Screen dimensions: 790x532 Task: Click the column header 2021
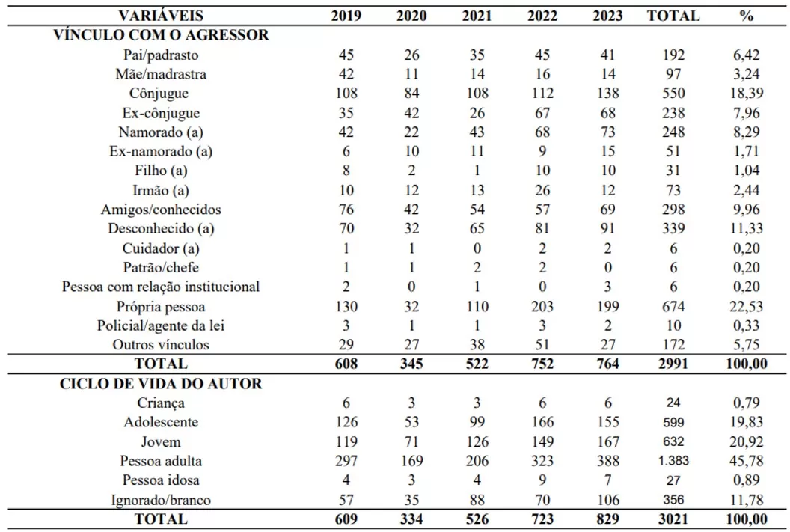point(477,16)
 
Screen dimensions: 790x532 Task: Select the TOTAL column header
point(673,16)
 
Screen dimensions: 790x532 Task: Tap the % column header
point(746,16)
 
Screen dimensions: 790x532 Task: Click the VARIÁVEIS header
point(161,16)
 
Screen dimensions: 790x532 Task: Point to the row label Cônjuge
point(159,94)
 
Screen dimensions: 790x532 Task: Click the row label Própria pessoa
point(161,306)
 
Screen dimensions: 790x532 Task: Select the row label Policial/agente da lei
point(161,325)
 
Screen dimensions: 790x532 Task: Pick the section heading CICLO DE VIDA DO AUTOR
point(161,383)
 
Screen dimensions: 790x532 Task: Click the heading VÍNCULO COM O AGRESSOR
point(161,34)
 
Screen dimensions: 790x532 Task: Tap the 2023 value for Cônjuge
point(607,94)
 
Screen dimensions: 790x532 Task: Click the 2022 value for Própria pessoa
point(542,306)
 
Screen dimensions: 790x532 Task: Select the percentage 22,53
point(746,306)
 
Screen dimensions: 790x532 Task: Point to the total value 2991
point(673,364)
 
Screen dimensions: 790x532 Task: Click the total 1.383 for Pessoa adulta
point(673,460)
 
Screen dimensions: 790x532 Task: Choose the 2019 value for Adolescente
point(346,422)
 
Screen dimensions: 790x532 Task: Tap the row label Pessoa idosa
point(161,480)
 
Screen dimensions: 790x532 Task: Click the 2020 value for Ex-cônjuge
point(411,112)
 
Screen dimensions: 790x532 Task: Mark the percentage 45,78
point(746,460)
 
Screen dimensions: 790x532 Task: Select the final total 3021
point(673,519)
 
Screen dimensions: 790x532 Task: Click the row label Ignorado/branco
point(161,500)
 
